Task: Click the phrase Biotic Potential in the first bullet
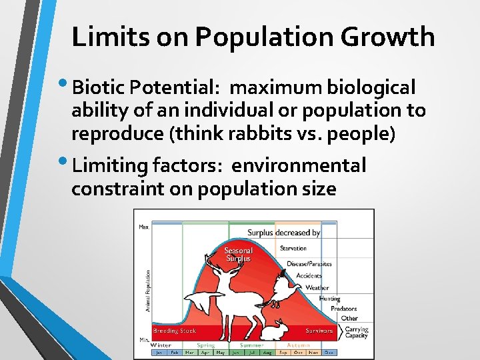click(147, 87)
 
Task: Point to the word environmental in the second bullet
click(299, 165)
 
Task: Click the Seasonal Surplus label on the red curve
click(238, 255)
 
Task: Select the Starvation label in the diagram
click(293, 248)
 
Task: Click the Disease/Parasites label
click(309, 264)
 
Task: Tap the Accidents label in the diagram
click(309, 275)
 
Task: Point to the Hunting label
click(329, 299)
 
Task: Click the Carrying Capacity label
click(356, 332)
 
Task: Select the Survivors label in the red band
click(319, 331)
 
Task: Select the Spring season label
click(205, 345)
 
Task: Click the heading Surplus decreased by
click(283, 233)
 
